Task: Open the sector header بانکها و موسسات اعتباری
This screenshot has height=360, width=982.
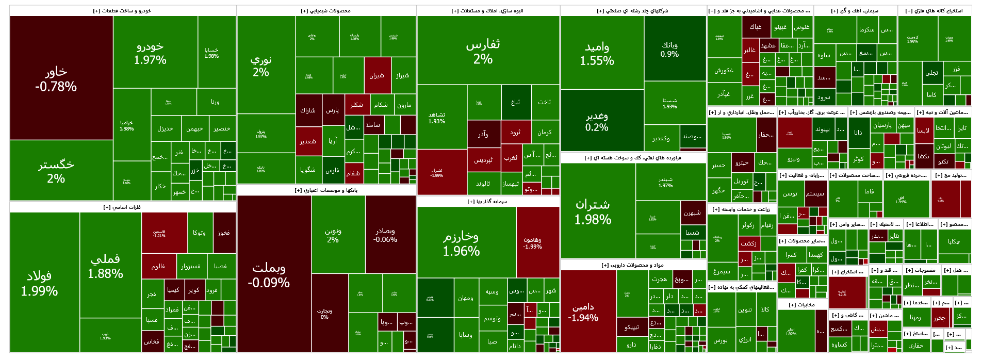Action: click(x=326, y=190)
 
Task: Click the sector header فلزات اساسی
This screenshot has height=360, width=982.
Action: click(x=122, y=207)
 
